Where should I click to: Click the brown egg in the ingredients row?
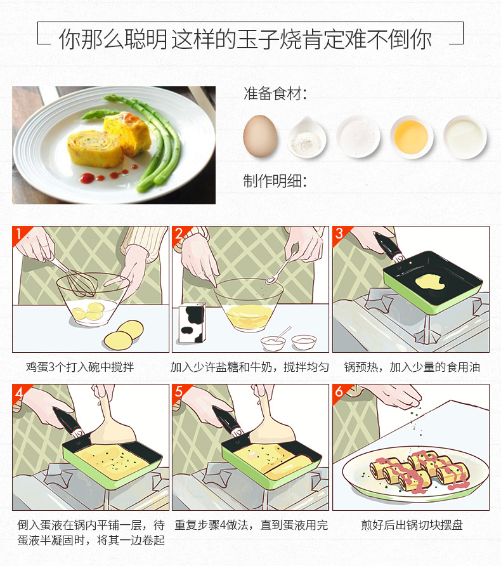pyautogui.click(x=260, y=135)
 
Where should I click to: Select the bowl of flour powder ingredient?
pyautogui.click(x=308, y=138)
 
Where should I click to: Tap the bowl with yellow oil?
pyautogui.click(x=411, y=135)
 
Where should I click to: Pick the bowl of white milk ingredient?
pyautogui.click(x=465, y=135)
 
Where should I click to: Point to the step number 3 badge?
pyautogui.click(x=339, y=234)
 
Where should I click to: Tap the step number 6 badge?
pyautogui.click(x=339, y=392)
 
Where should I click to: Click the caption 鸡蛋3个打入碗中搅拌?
pyautogui.click(x=80, y=367)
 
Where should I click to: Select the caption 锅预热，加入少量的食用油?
pyautogui.click(x=412, y=367)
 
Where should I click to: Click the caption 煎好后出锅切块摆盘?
pyautogui.click(x=412, y=525)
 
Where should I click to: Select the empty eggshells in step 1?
pyautogui.click(x=124, y=334)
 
